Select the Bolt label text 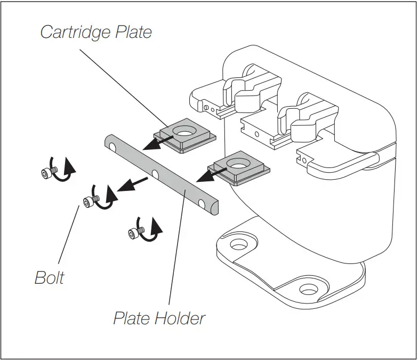(49, 278)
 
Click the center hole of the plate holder (156, 173)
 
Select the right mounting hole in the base (308, 290)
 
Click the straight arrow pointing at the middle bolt (132, 185)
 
